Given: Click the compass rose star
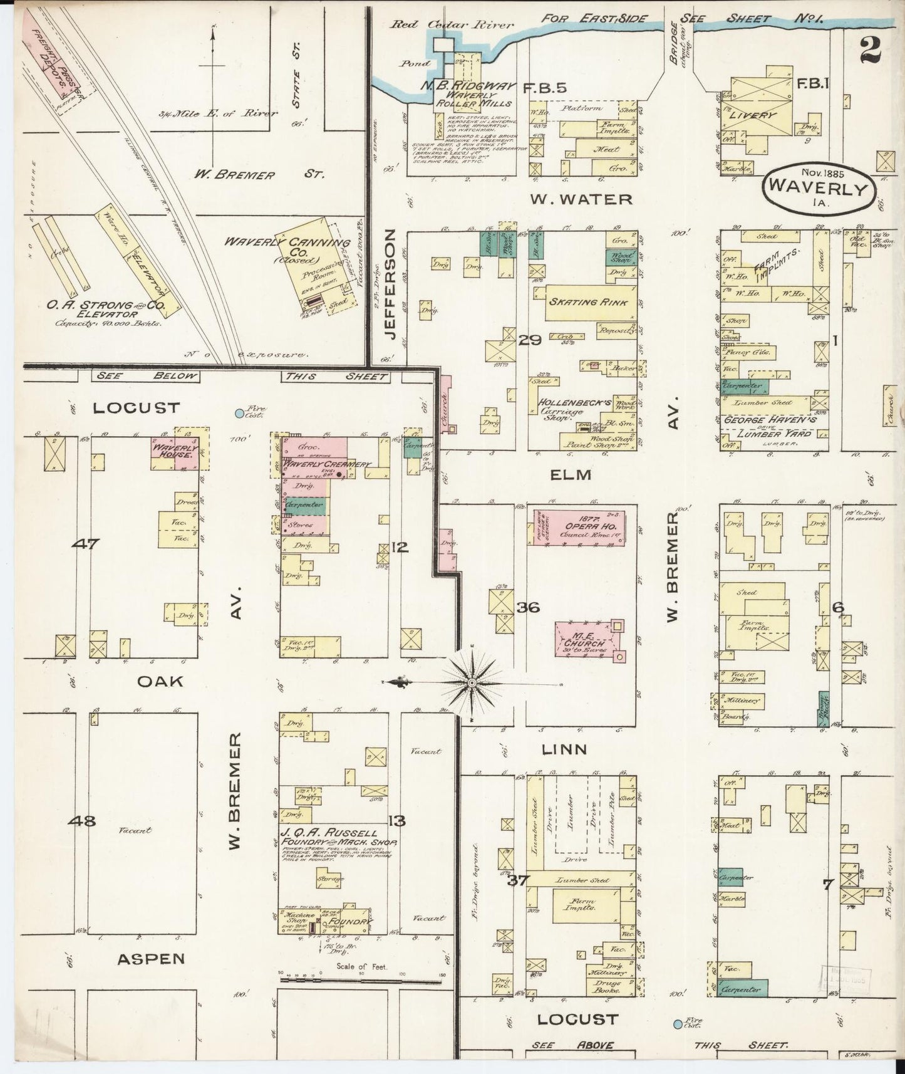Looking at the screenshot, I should click(x=471, y=682).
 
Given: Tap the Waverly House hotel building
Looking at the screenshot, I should click(x=173, y=453).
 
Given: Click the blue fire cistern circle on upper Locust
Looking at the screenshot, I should click(x=239, y=414).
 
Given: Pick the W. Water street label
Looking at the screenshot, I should click(x=581, y=200).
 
